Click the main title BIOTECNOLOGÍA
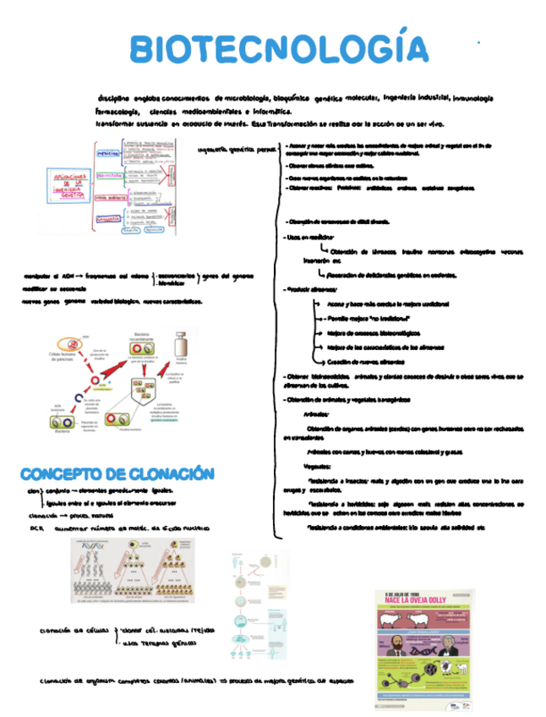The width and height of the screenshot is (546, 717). coord(279,49)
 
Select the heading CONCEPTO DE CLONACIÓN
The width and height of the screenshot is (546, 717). coord(117,473)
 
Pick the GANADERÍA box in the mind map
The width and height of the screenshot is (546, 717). coord(106,219)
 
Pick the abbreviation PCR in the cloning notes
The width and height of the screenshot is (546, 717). coord(35,528)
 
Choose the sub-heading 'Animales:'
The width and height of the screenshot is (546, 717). coord(315,414)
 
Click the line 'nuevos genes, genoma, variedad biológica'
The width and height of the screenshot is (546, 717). coord(110,301)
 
